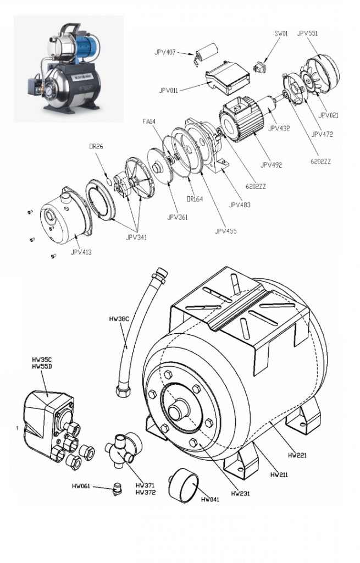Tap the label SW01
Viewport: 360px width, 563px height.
pyautogui.click(x=281, y=33)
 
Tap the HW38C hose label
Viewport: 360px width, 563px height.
pyautogui.click(x=118, y=319)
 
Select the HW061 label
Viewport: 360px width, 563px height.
pyautogui.click(x=81, y=486)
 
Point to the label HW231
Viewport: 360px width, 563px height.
pyautogui.click(x=241, y=494)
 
